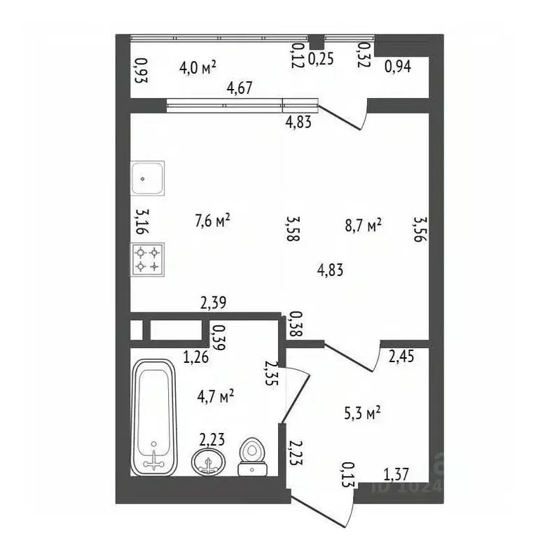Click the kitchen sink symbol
point(147,178)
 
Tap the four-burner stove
point(148,259)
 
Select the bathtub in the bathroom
point(154,418)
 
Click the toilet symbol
point(252,456)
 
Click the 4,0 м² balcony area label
point(198,67)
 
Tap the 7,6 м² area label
point(212,221)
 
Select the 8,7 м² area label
point(364,225)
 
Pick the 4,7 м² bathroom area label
point(216,396)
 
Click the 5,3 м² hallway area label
point(362,413)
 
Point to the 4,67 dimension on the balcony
point(240,88)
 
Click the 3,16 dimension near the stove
point(142,221)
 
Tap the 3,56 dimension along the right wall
point(420,229)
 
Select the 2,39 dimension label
point(213,303)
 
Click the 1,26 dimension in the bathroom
point(195,357)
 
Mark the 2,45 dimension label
point(401,356)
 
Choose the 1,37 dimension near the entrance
point(396,475)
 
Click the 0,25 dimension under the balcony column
point(321,59)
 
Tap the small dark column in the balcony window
point(317,42)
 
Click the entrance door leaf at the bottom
point(317,511)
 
